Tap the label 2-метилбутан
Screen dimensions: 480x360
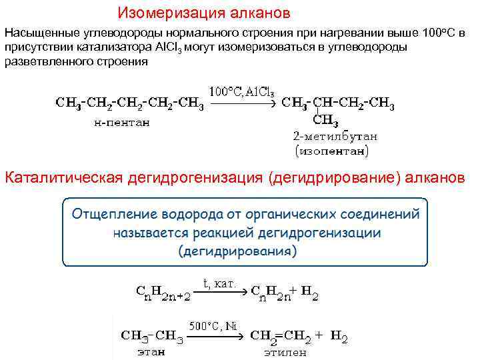(x=335, y=137)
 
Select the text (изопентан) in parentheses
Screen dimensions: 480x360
(x=331, y=151)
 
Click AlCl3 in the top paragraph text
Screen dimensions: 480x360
(x=169, y=48)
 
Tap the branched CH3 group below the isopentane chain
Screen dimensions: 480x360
(x=325, y=121)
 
